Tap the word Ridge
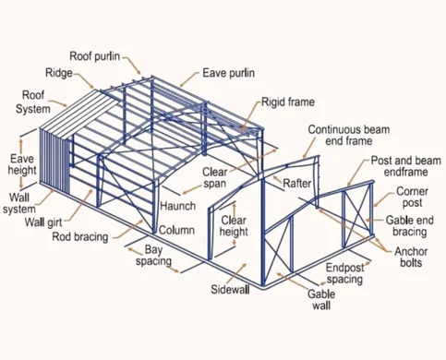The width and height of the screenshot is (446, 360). point(60,72)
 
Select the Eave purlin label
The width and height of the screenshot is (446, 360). point(229,73)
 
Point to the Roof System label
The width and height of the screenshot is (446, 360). point(33,102)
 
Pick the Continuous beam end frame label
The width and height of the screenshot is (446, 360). point(347,137)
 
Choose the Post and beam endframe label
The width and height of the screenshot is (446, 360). point(407,167)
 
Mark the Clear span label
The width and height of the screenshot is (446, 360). point(214,177)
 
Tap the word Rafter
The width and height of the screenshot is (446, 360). point(296,183)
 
